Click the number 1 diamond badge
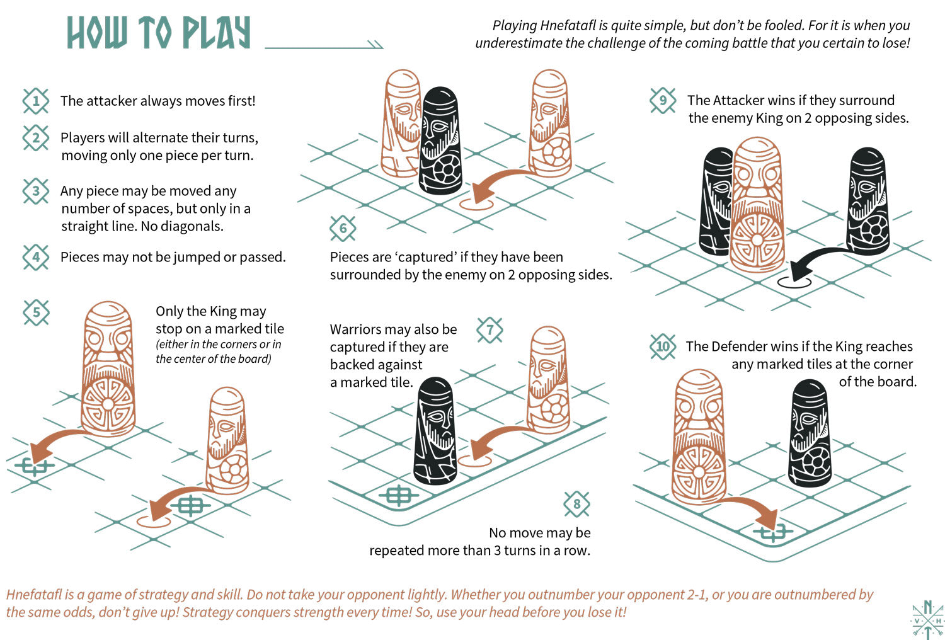pos(36,101)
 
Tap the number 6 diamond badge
pos(343,228)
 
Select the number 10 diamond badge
pos(663,346)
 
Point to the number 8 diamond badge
pos(576,504)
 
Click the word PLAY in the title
pos(217,33)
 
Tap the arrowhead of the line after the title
pos(375,45)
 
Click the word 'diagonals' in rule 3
pos(192,226)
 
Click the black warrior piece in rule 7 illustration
pos(435,431)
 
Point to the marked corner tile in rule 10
pos(774,533)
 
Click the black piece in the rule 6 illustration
pos(440,142)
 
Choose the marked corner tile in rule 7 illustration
pos(398,496)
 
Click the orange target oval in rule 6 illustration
pos(476,204)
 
